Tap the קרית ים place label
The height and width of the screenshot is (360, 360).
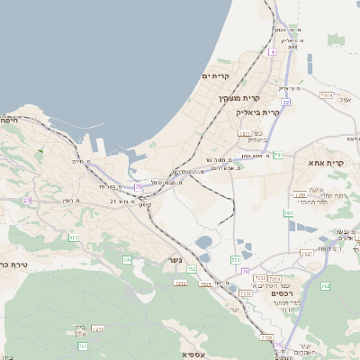(216, 76)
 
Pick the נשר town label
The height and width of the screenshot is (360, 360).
(174, 261)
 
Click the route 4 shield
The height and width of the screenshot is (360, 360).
(272, 51)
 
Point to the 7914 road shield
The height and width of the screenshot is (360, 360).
(327, 94)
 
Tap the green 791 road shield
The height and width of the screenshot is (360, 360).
(278, 155)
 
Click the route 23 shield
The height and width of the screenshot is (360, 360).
(27, 200)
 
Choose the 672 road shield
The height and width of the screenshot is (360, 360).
(74, 238)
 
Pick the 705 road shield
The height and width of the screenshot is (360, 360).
(127, 259)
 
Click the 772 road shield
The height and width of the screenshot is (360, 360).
(236, 260)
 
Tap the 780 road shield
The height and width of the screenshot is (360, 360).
(289, 213)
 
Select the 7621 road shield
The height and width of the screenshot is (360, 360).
(307, 254)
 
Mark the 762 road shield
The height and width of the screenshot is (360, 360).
(326, 286)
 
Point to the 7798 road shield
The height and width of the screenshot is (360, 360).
(265, 337)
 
